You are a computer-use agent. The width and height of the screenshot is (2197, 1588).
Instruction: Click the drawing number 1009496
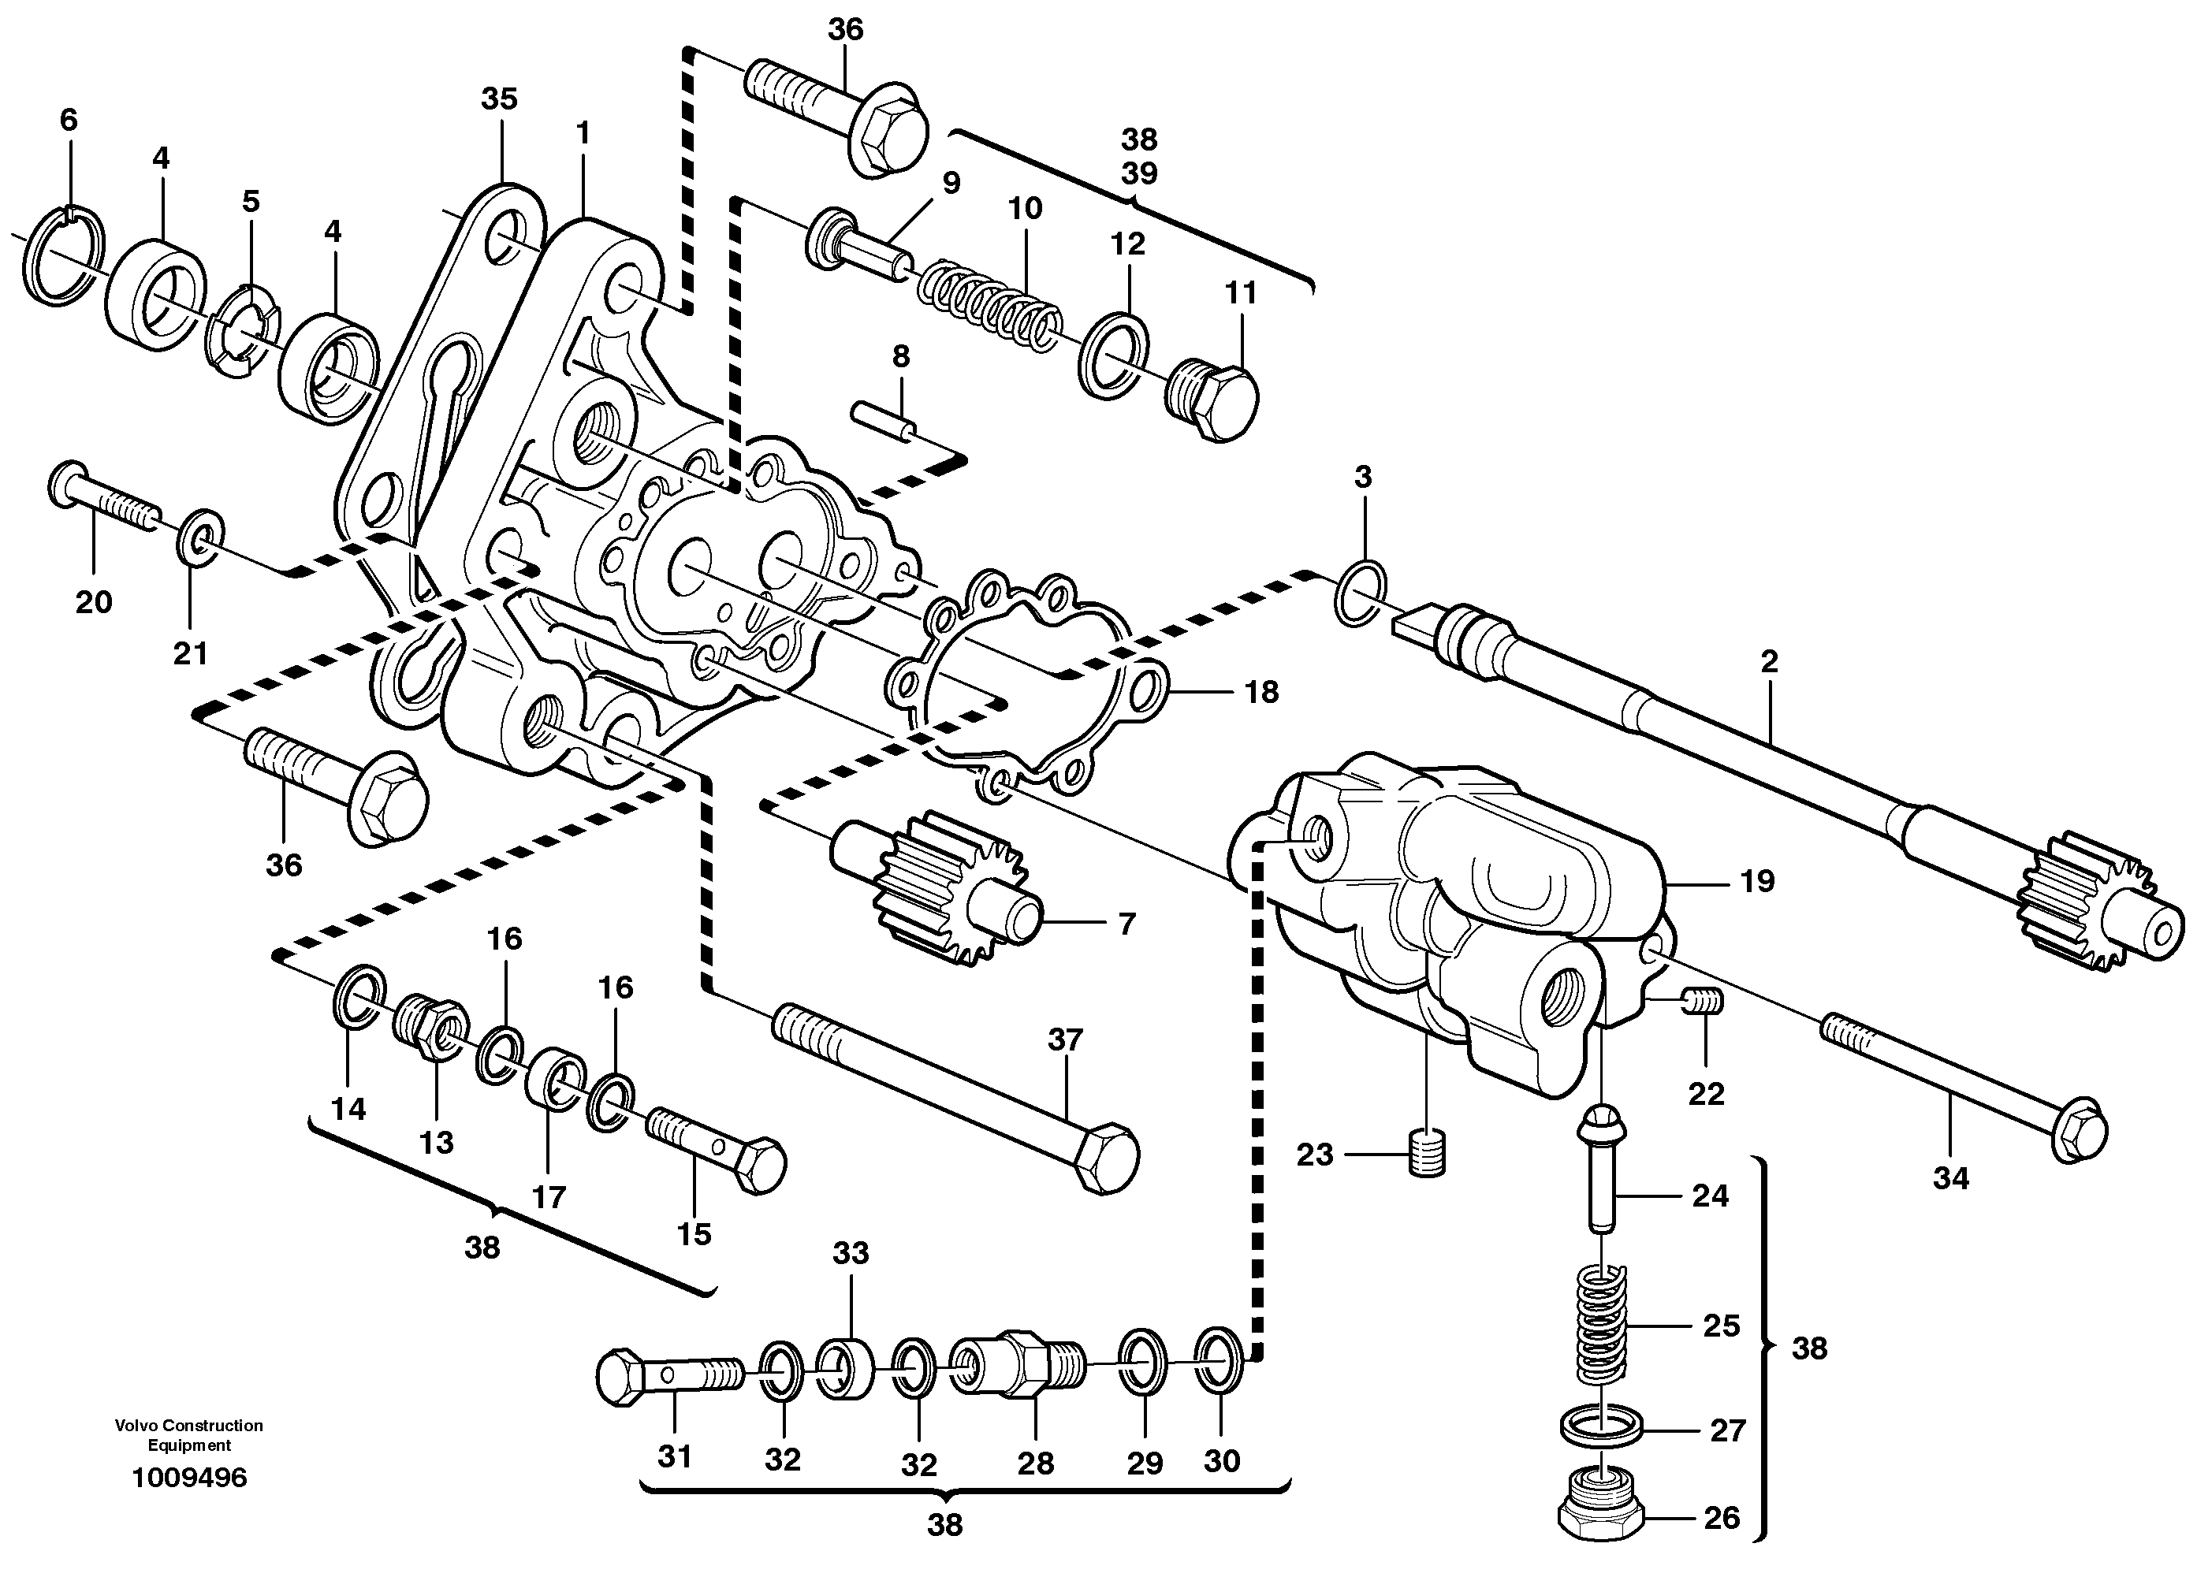[x=189, y=1478]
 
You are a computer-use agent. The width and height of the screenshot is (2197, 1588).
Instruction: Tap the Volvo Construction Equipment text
[x=189, y=1435]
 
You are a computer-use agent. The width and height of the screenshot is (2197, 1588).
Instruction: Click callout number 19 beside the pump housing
[x=1757, y=881]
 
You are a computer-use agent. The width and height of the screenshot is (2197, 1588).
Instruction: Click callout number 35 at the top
[x=499, y=99]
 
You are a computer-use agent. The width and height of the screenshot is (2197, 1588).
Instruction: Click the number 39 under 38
[x=1139, y=173]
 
